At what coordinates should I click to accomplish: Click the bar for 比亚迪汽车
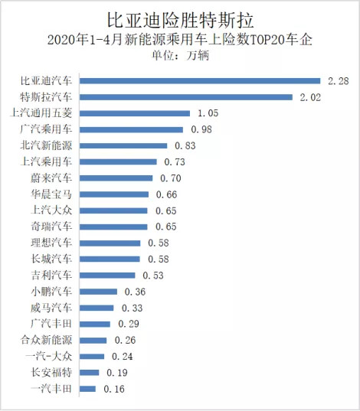pyautogui.click(x=200, y=80)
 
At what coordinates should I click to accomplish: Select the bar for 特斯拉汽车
pyautogui.click(x=186, y=97)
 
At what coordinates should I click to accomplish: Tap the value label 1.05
pyautogui.click(x=208, y=113)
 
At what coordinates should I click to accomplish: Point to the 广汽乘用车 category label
pyautogui.click(x=46, y=129)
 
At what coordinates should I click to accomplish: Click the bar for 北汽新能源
pyautogui.click(x=123, y=145)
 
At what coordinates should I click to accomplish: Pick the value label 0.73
pyautogui.click(x=175, y=162)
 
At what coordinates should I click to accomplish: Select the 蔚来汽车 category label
pyautogui.click(x=51, y=178)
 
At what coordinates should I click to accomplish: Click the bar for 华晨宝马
pyautogui.click(x=114, y=194)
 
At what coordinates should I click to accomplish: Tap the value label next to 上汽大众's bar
pyautogui.click(x=166, y=210)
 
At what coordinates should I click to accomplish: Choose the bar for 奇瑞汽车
pyautogui.click(x=113, y=227)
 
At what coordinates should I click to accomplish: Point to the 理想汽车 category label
pyautogui.click(x=51, y=243)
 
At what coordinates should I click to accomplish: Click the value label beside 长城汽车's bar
pyautogui.click(x=159, y=259)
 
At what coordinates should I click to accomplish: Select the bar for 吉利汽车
pyautogui.click(x=107, y=276)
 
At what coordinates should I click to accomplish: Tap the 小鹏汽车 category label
pyautogui.click(x=51, y=292)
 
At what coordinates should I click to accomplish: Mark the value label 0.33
pyautogui.click(x=133, y=308)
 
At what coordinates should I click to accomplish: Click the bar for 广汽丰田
pyautogui.click(x=95, y=325)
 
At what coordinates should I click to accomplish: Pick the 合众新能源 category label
pyautogui.click(x=46, y=341)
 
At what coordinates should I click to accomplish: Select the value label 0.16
pyautogui.click(x=114, y=389)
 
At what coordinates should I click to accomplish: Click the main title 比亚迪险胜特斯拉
pyautogui.click(x=181, y=20)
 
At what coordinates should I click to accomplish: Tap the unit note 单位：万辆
pyautogui.click(x=181, y=56)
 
